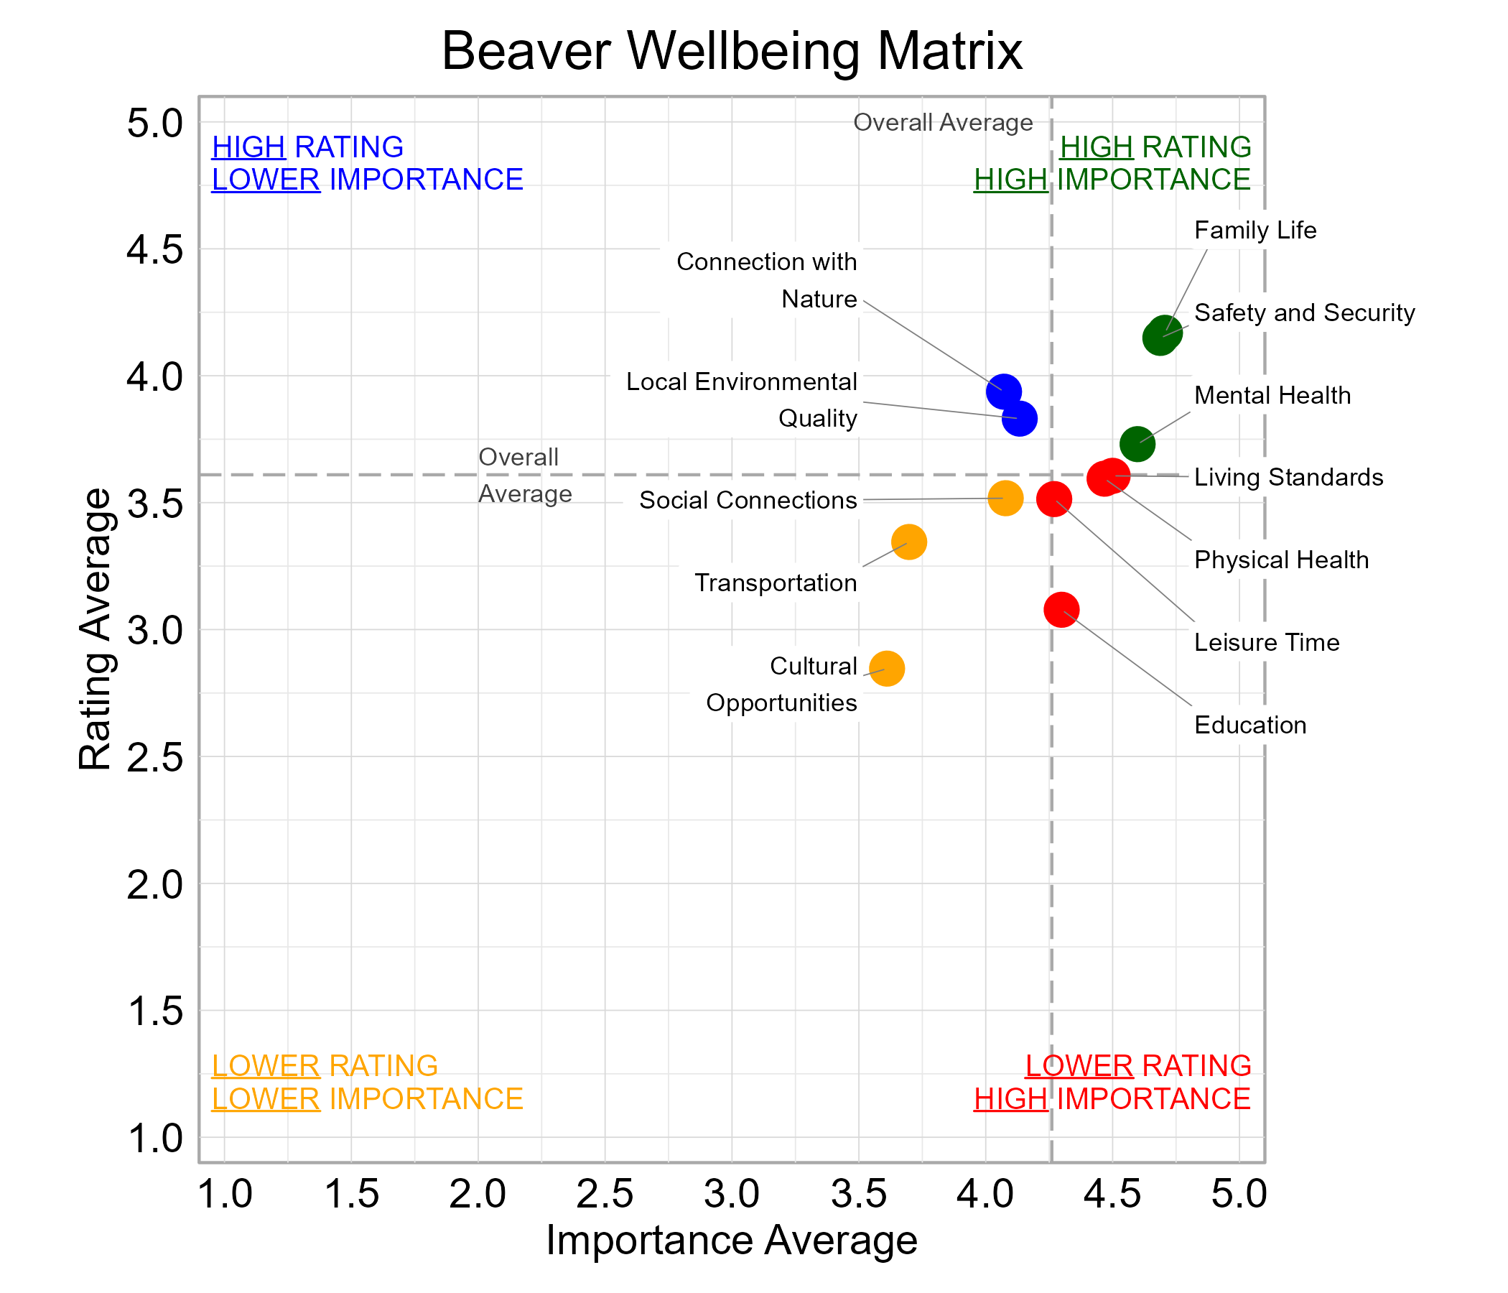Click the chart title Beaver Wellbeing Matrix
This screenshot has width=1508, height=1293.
coord(732,51)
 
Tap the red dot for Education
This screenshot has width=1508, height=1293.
coord(1061,609)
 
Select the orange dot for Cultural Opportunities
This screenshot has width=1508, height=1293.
coord(886,668)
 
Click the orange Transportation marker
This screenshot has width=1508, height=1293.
coord(908,542)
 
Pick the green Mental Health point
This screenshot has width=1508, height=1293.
coord(1137,443)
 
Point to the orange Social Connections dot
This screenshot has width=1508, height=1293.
coord(1005,499)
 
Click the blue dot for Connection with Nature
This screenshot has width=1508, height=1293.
coord(1003,391)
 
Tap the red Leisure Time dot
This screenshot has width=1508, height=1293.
coord(1053,499)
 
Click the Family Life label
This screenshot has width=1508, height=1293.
coord(1255,231)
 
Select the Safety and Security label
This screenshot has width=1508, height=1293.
coord(1304,313)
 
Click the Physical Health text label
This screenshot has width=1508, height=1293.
coord(1281,560)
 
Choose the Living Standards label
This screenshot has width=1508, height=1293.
coord(1288,478)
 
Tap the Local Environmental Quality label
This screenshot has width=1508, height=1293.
coord(741,399)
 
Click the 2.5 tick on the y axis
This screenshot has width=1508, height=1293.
coord(155,758)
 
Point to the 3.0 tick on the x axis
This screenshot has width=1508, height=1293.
coord(732,1195)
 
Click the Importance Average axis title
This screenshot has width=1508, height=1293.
coord(732,1240)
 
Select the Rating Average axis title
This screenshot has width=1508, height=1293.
coord(96,629)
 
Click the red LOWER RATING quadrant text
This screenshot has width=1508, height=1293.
coord(1137,1066)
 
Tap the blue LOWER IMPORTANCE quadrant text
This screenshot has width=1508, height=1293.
coord(367,180)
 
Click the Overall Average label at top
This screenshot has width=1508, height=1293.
coord(942,122)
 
